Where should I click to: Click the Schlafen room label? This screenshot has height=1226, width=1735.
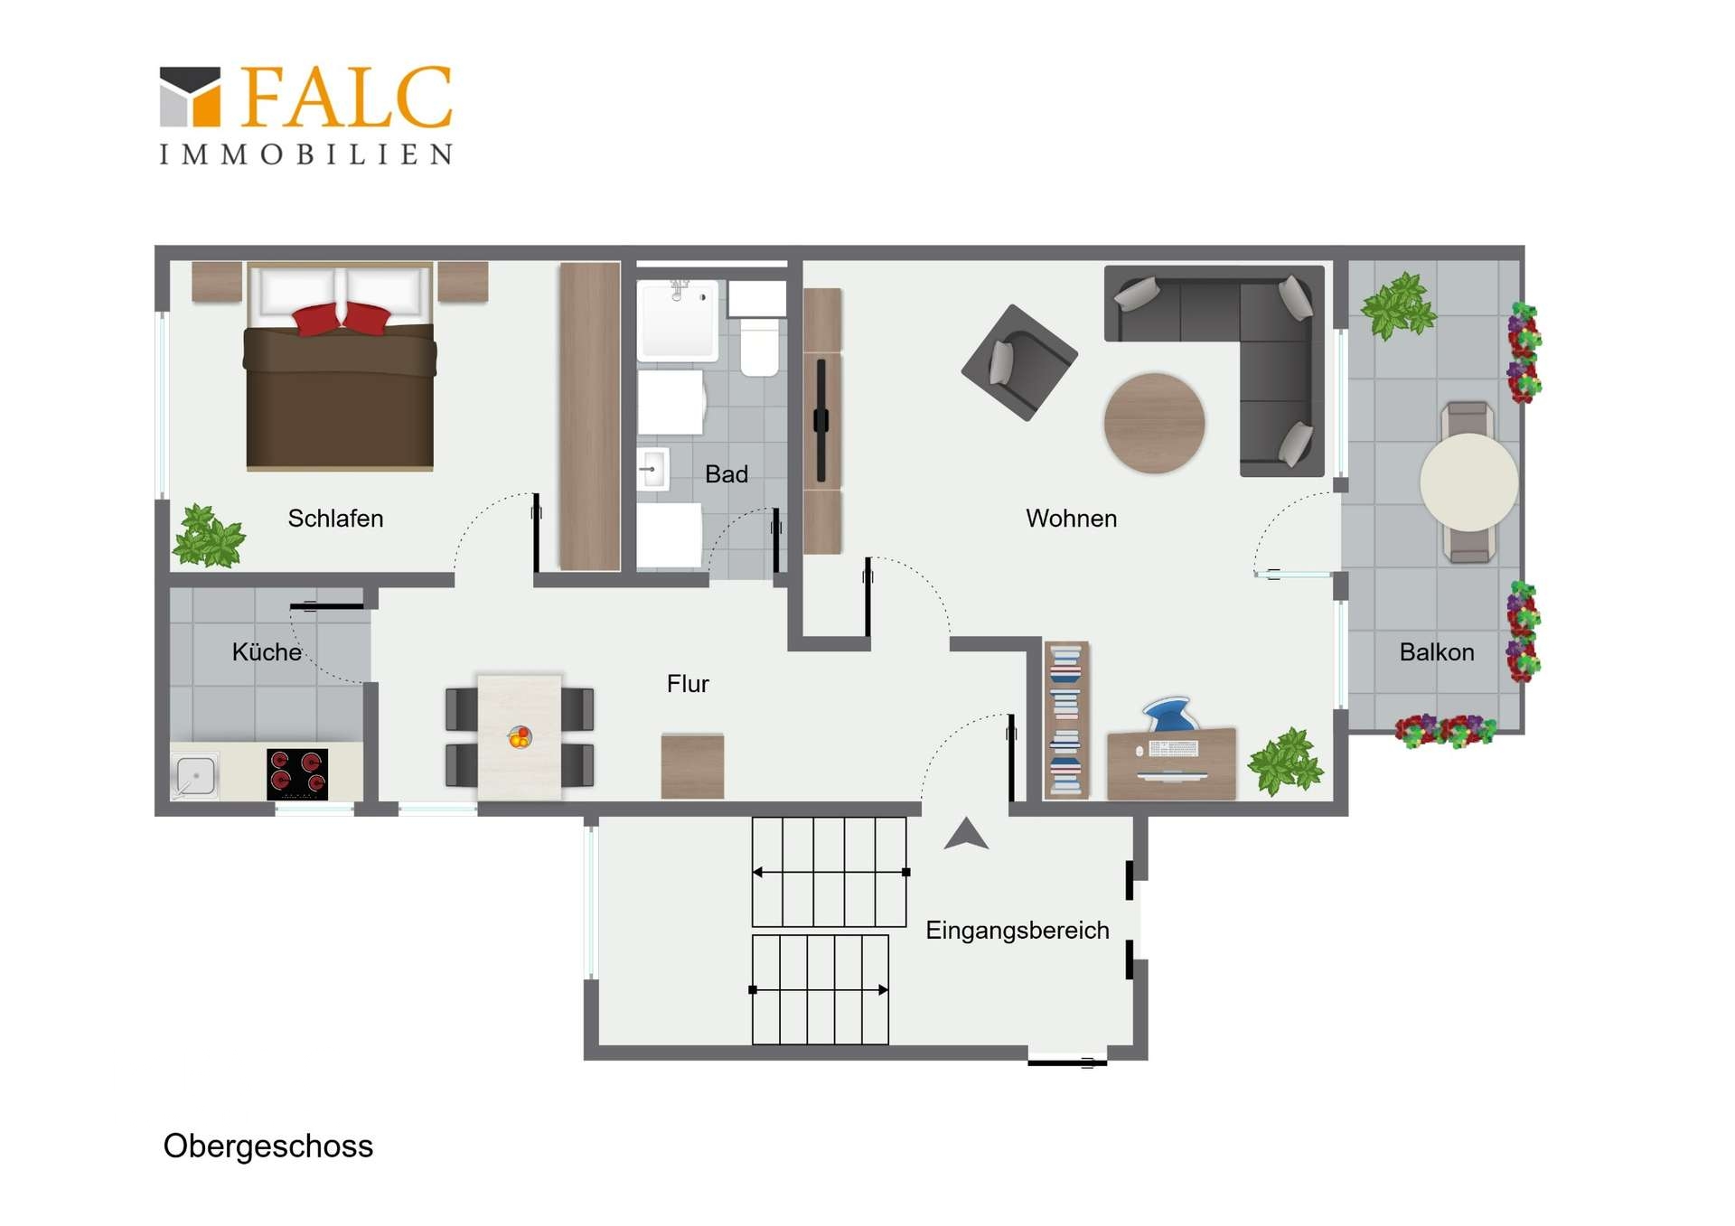pyautogui.click(x=335, y=519)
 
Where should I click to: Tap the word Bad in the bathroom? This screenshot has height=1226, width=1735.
pyautogui.click(x=727, y=474)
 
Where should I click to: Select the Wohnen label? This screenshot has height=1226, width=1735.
pyautogui.click(x=1071, y=519)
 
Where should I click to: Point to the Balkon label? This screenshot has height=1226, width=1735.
pyautogui.click(x=1437, y=652)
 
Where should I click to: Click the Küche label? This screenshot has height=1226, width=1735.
pyautogui.click(x=267, y=651)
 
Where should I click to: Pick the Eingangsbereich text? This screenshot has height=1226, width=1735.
pyautogui.click(x=1018, y=931)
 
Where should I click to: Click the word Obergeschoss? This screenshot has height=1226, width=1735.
pyautogui.click(x=268, y=1146)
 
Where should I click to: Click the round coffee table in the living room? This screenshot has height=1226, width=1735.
pyautogui.click(x=1154, y=423)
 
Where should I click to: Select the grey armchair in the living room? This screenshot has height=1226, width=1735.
pyautogui.click(x=1019, y=362)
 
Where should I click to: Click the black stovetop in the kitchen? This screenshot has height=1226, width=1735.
pyautogui.click(x=297, y=774)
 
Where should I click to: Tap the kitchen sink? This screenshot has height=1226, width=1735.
pyautogui.click(x=195, y=776)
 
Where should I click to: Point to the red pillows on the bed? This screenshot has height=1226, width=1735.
pyautogui.click(x=342, y=319)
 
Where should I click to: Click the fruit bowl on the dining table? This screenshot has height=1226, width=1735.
pyautogui.click(x=520, y=737)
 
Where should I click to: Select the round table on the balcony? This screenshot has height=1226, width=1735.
pyautogui.click(x=1468, y=482)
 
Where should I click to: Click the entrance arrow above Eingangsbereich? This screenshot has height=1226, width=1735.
pyautogui.click(x=966, y=834)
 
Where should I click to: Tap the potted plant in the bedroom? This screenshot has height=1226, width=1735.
pyautogui.click(x=209, y=536)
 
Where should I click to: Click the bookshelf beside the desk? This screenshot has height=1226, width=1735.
pyautogui.click(x=1066, y=720)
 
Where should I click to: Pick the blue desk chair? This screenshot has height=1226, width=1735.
pyautogui.click(x=1171, y=714)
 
